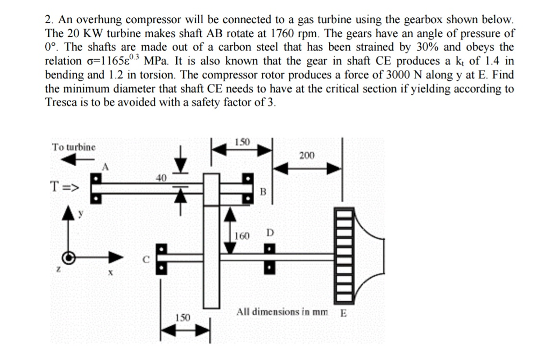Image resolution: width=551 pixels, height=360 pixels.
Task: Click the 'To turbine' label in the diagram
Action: pos(74,146)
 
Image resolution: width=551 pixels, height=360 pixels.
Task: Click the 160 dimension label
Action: pos(243,236)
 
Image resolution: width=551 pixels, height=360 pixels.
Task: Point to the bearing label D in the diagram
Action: pos(270,232)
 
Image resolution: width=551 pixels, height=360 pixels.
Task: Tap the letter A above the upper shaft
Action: pos(105,167)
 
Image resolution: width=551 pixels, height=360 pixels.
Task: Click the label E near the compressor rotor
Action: pos(343,313)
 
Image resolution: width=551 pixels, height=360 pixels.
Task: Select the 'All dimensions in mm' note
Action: pos(282,312)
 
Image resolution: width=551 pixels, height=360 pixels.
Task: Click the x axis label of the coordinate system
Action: pos(110,274)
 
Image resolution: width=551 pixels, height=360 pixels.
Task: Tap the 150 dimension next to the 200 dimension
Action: pos(242,142)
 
